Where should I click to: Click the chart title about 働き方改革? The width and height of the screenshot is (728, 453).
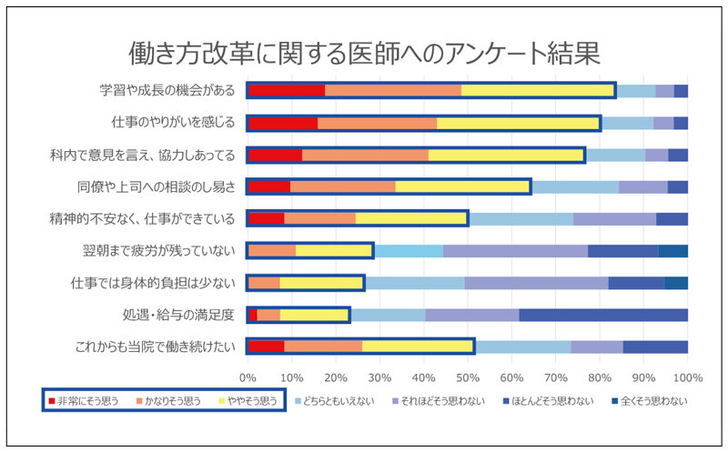coord(364,51)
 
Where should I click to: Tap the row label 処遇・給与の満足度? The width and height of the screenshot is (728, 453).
coord(182,315)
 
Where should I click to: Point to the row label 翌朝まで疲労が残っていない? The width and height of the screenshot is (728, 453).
coord(159,250)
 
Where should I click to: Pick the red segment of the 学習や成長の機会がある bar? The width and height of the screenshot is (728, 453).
coord(286,90)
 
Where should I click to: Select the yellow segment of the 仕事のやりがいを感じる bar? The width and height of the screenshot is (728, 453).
coord(518,123)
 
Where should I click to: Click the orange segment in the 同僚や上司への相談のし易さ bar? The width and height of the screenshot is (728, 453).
coord(342,186)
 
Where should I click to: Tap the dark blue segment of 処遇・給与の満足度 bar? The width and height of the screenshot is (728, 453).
coord(602,315)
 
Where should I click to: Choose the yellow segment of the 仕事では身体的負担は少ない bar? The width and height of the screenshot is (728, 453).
coord(321,283)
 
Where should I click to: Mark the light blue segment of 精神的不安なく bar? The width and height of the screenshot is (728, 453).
coord(521,218)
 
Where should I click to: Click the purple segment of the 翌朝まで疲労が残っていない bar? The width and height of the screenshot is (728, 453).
coord(515,250)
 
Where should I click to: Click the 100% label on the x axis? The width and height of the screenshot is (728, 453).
coord(687,376)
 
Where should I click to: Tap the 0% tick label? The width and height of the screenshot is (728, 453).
coord(248,376)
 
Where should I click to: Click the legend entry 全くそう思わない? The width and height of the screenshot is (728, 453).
coord(651,400)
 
